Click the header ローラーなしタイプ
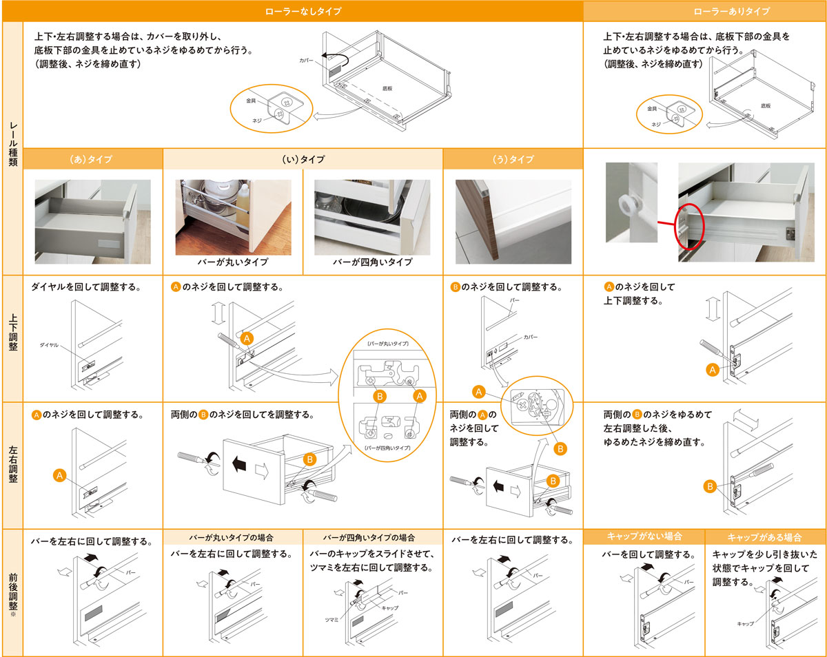(x=303, y=11)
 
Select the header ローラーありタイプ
(x=732, y=11)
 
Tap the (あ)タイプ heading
(x=91, y=159)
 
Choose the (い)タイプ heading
(x=303, y=159)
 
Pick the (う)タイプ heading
(x=513, y=159)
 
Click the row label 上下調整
(x=12, y=333)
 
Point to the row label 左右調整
(x=12, y=464)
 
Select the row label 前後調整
(x=12, y=592)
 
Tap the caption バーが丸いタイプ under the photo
(x=233, y=262)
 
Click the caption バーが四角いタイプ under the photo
(x=372, y=262)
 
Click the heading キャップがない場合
(x=644, y=536)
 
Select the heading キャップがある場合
(x=765, y=537)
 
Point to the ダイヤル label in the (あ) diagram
(x=49, y=345)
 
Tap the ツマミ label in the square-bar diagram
(x=331, y=620)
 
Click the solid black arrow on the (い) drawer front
(x=239, y=464)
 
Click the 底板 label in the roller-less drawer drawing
(x=387, y=88)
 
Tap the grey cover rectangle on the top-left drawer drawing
(x=335, y=70)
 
